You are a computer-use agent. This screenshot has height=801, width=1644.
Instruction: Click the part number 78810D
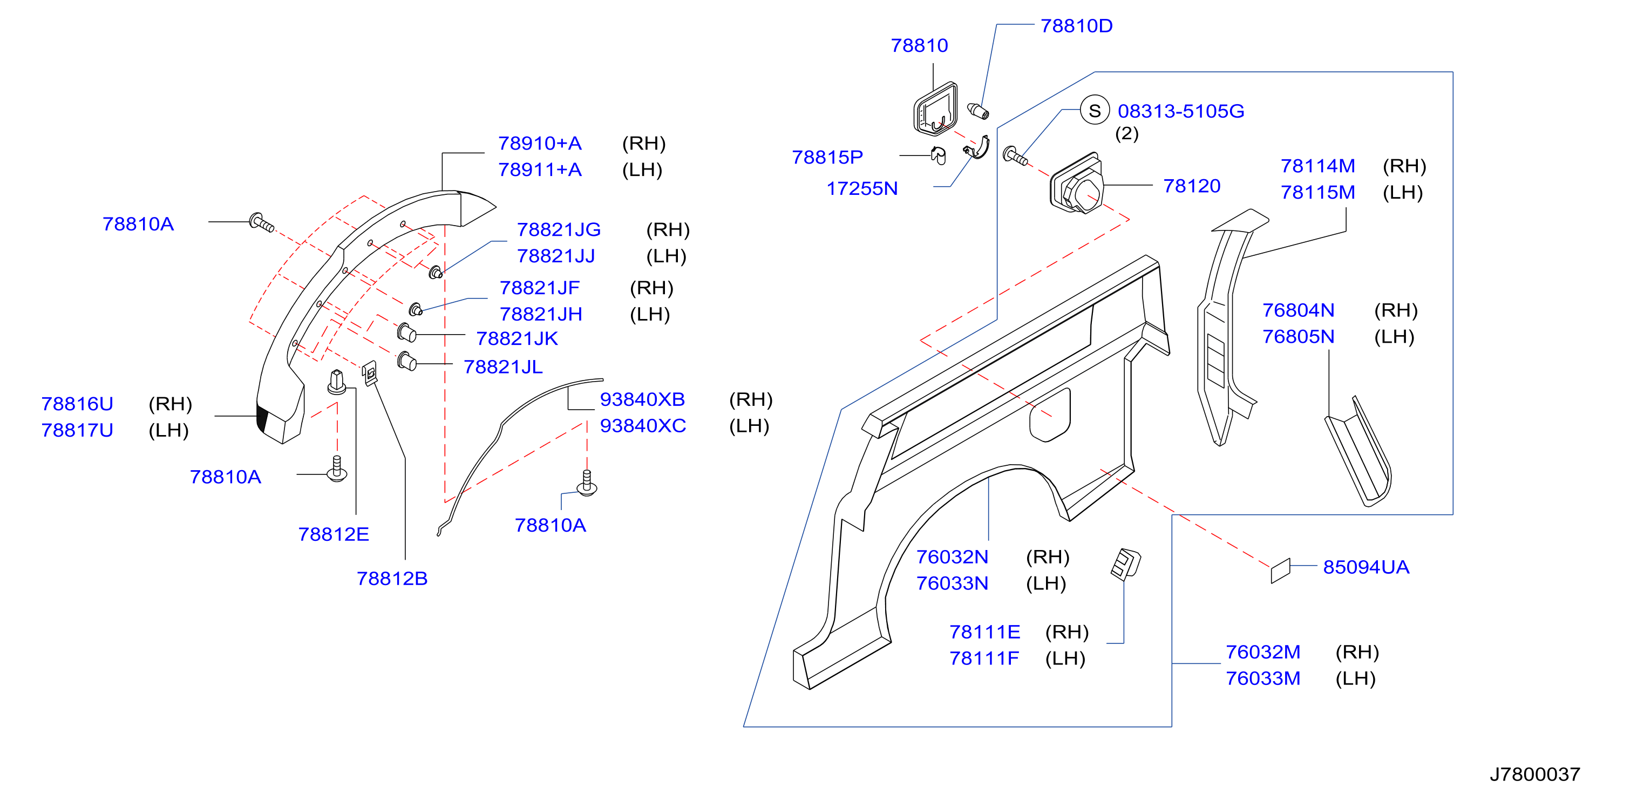point(1076,25)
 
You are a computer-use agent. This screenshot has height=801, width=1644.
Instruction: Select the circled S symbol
point(1095,111)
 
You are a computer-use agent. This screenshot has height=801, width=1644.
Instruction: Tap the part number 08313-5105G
point(1181,111)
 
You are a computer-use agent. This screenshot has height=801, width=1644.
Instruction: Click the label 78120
point(1192,186)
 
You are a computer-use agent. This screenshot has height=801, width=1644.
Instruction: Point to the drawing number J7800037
point(1534,774)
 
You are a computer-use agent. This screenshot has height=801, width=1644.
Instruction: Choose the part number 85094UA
point(1366,567)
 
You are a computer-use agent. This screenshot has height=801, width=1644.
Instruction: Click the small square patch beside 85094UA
point(1280,571)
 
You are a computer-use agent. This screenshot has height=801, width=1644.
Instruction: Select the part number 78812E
point(333,534)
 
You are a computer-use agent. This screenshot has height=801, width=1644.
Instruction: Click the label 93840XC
point(643,426)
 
